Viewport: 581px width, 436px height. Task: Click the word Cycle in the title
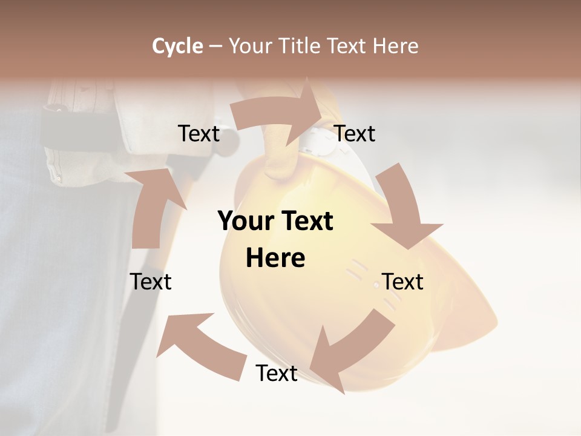coord(177,46)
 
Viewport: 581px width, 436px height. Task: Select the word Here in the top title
coord(395,46)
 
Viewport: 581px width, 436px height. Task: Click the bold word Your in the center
coord(245,221)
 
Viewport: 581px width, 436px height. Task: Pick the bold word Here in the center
coord(275,258)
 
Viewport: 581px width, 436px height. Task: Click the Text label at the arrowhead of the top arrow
coord(355,133)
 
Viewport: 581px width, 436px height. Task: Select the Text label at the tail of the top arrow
coord(199,133)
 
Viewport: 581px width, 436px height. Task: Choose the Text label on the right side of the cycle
coord(402,282)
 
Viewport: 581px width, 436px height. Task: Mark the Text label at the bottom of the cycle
coord(277,373)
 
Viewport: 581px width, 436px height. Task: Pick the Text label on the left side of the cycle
coord(151,282)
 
